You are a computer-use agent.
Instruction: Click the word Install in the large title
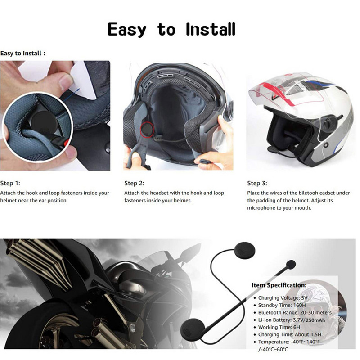(211, 29)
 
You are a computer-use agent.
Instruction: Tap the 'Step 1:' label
(10, 183)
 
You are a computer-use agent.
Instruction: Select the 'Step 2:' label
(134, 183)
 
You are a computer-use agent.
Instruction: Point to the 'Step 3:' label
(257, 183)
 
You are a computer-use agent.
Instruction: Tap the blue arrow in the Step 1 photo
(71, 94)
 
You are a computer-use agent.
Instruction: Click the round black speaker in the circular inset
(44, 122)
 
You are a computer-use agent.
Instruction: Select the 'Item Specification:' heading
(279, 285)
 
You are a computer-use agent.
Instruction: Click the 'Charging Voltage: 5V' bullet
(283, 298)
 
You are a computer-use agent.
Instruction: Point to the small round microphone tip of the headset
(291, 265)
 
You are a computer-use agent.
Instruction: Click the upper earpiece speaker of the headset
(245, 251)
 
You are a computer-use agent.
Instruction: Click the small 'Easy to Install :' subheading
(23, 54)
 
